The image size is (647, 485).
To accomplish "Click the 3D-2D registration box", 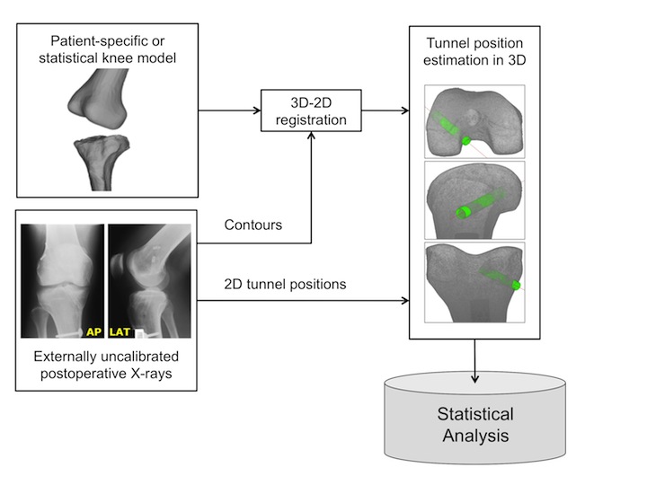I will (x=310, y=110).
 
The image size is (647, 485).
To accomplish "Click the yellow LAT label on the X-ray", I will (x=120, y=331).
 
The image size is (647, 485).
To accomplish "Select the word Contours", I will (x=252, y=225).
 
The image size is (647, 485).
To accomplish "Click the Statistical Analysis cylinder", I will (x=474, y=425).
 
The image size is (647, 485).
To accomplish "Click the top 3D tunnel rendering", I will (x=474, y=119).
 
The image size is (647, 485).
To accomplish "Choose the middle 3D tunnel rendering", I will (x=474, y=200).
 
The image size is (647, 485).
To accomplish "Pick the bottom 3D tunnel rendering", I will (x=474, y=283).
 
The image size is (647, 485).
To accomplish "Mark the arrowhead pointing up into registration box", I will (x=310, y=136).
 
